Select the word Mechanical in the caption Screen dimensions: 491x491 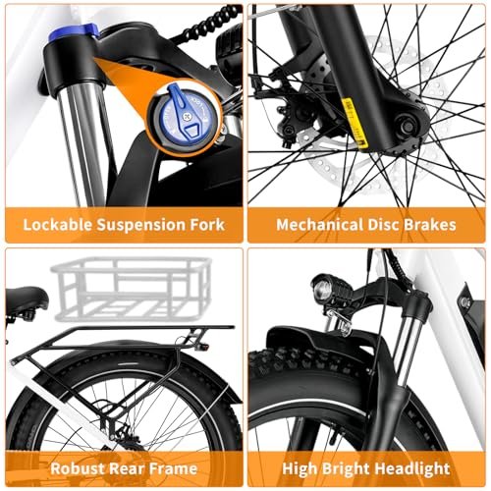(320, 225)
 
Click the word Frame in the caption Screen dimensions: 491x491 (176, 468)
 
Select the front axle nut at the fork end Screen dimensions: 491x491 (408, 126)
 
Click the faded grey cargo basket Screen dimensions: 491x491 (131, 289)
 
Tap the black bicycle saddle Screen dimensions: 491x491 (27, 299)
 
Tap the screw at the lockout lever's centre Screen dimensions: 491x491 (188, 116)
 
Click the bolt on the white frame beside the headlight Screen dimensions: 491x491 (465, 301)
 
